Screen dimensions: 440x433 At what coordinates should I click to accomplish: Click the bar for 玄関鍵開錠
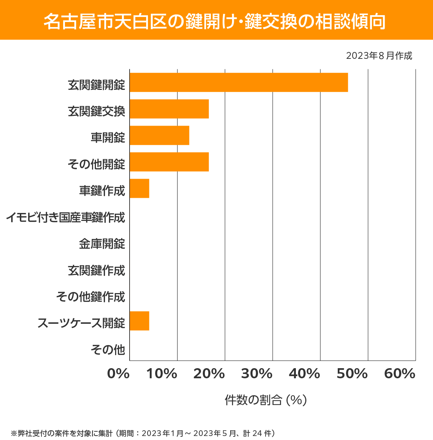239,82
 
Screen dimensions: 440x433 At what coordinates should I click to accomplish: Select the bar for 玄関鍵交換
169,109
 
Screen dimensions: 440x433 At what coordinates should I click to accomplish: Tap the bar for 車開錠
159,135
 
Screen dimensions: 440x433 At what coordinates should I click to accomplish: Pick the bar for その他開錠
169,162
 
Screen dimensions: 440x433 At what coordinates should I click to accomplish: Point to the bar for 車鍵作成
139,188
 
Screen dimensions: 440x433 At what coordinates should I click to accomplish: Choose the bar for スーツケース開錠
139,321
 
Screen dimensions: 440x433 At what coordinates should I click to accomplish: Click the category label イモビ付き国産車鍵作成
65,217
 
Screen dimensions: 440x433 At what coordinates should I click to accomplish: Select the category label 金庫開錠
102,244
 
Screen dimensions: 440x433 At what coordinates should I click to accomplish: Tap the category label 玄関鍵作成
96,270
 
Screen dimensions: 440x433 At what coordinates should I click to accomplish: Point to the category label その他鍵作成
91,297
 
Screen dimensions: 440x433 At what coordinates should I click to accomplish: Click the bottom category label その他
108,349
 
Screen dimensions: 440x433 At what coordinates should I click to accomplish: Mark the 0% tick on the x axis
118,374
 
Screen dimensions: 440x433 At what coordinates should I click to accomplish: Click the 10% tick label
162,374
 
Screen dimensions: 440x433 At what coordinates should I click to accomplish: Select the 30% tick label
257,374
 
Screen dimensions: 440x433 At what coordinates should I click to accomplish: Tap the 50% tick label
352,374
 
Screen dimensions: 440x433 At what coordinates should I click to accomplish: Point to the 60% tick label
400,374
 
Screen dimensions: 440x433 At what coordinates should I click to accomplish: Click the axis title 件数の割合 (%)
266,400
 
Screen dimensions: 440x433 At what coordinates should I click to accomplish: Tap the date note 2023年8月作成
379,56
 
